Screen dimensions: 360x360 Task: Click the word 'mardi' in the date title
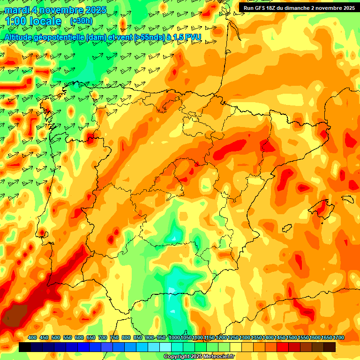click(x=17, y=10)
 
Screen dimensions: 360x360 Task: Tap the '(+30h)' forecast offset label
click(x=81, y=21)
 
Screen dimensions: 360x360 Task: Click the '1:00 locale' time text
click(x=33, y=22)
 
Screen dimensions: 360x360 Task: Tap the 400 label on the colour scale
click(x=32, y=338)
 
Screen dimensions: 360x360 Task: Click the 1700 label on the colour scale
click(x=326, y=338)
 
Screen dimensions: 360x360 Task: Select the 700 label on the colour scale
click(x=103, y=338)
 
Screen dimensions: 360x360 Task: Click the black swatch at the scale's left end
click(x=25, y=347)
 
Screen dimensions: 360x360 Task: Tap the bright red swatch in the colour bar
click(x=283, y=347)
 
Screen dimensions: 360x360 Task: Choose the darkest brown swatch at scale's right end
click(x=330, y=347)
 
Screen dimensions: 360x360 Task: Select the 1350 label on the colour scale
click(x=256, y=338)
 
